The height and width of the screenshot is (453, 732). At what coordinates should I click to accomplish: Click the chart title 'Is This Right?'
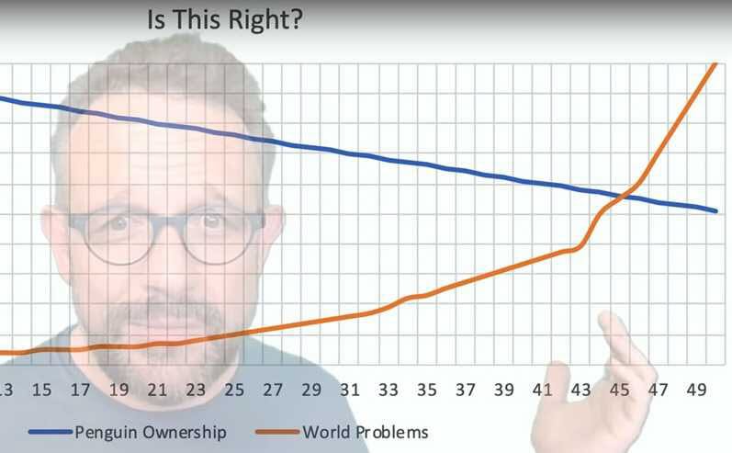click(x=224, y=20)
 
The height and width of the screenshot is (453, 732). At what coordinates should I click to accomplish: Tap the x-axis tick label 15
click(x=41, y=390)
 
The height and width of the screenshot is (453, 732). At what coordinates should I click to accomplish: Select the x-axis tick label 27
click(x=273, y=390)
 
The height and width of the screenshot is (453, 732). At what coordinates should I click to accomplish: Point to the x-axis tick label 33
click(x=389, y=390)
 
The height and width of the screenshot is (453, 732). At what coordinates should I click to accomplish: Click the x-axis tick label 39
click(x=503, y=390)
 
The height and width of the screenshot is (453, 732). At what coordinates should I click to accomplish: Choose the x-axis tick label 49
click(x=696, y=390)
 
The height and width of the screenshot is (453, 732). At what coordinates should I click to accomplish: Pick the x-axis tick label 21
click(x=157, y=390)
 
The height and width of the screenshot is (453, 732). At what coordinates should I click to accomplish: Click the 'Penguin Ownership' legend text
click(x=151, y=433)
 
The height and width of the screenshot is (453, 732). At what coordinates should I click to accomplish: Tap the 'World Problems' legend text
click(x=366, y=432)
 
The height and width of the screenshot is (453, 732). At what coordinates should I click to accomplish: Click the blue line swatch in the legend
click(x=51, y=432)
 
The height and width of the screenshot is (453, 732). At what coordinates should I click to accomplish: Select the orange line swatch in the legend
click(x=277, y=432)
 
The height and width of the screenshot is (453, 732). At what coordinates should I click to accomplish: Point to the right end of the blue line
click(x=715, y=211)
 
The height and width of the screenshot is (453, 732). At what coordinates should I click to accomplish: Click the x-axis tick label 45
click(x=619, y=390)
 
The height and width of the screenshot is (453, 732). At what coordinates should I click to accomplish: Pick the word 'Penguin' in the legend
click(x=105, y=433)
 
